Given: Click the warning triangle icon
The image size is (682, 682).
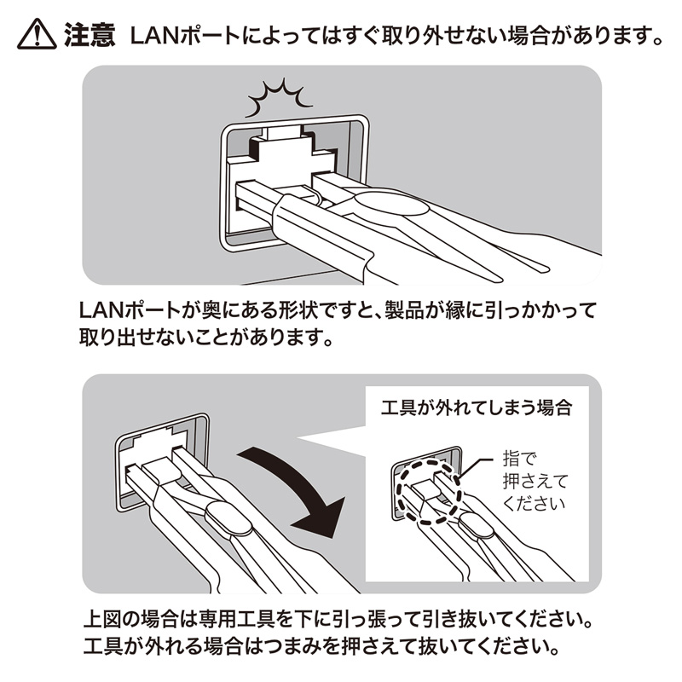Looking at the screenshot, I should [36, 35].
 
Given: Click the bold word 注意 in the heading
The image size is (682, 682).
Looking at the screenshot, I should [90, 35].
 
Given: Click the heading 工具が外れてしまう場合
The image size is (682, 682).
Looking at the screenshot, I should [475, 407].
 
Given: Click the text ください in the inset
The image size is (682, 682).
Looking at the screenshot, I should [534, 503].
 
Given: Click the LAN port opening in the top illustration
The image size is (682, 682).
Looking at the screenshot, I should [290, 183].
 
